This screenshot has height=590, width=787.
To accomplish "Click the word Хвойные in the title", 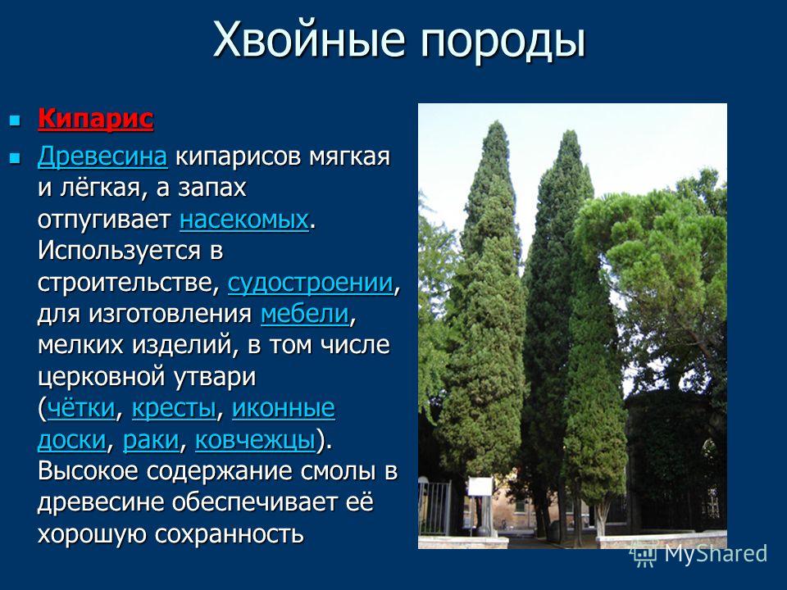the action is [309, 39].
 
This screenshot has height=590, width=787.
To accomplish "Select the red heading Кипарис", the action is [95, 119].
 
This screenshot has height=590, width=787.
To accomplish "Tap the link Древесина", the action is [102, 157].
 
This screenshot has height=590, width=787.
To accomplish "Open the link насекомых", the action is [244, 220].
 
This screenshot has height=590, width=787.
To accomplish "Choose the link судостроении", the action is [311, 283].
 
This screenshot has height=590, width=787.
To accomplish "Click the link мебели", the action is [305, 314].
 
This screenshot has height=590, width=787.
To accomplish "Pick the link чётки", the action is [81, 408].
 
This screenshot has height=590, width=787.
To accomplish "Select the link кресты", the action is [174, 409].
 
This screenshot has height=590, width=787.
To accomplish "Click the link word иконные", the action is [283, 408].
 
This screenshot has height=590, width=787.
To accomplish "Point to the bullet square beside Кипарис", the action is [16, 120].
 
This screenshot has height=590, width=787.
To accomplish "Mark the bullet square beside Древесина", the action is [16, 158].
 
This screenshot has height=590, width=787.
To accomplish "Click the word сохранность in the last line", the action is [229, 533].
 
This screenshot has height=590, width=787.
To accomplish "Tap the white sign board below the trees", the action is [480, 488].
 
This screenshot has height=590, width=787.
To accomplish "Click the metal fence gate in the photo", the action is [434, 507].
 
